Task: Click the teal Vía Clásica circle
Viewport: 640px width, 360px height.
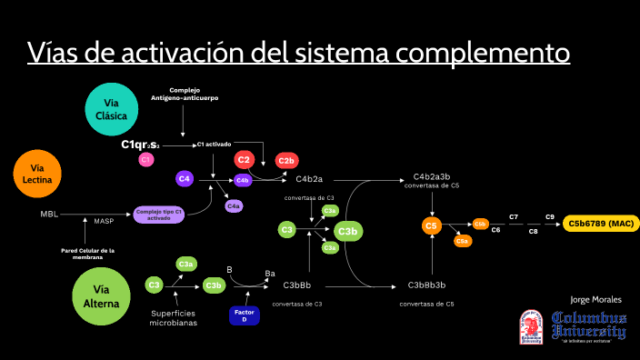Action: coord(112,109)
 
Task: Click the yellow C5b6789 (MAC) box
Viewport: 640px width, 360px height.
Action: coord(601,224)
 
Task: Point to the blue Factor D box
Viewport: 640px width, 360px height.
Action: coord(244,315)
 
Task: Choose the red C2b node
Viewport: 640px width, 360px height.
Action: coord(286,161)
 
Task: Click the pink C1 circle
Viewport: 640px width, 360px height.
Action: coord(145,160)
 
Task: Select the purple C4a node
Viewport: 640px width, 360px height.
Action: coord(234,206)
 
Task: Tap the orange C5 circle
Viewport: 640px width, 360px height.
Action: coord(432,225)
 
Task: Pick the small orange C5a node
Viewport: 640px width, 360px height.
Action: coord(462,241)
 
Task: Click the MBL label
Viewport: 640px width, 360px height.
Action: coord(48,215)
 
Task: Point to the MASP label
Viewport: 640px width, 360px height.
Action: coord(104,221)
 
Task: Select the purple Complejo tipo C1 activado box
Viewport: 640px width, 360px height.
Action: coord(159,215)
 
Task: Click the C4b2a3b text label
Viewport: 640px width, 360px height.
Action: coord(432,176)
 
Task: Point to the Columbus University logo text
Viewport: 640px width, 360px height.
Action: coord(588,325)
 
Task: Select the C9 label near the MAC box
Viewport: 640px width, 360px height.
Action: coord(550,216)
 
